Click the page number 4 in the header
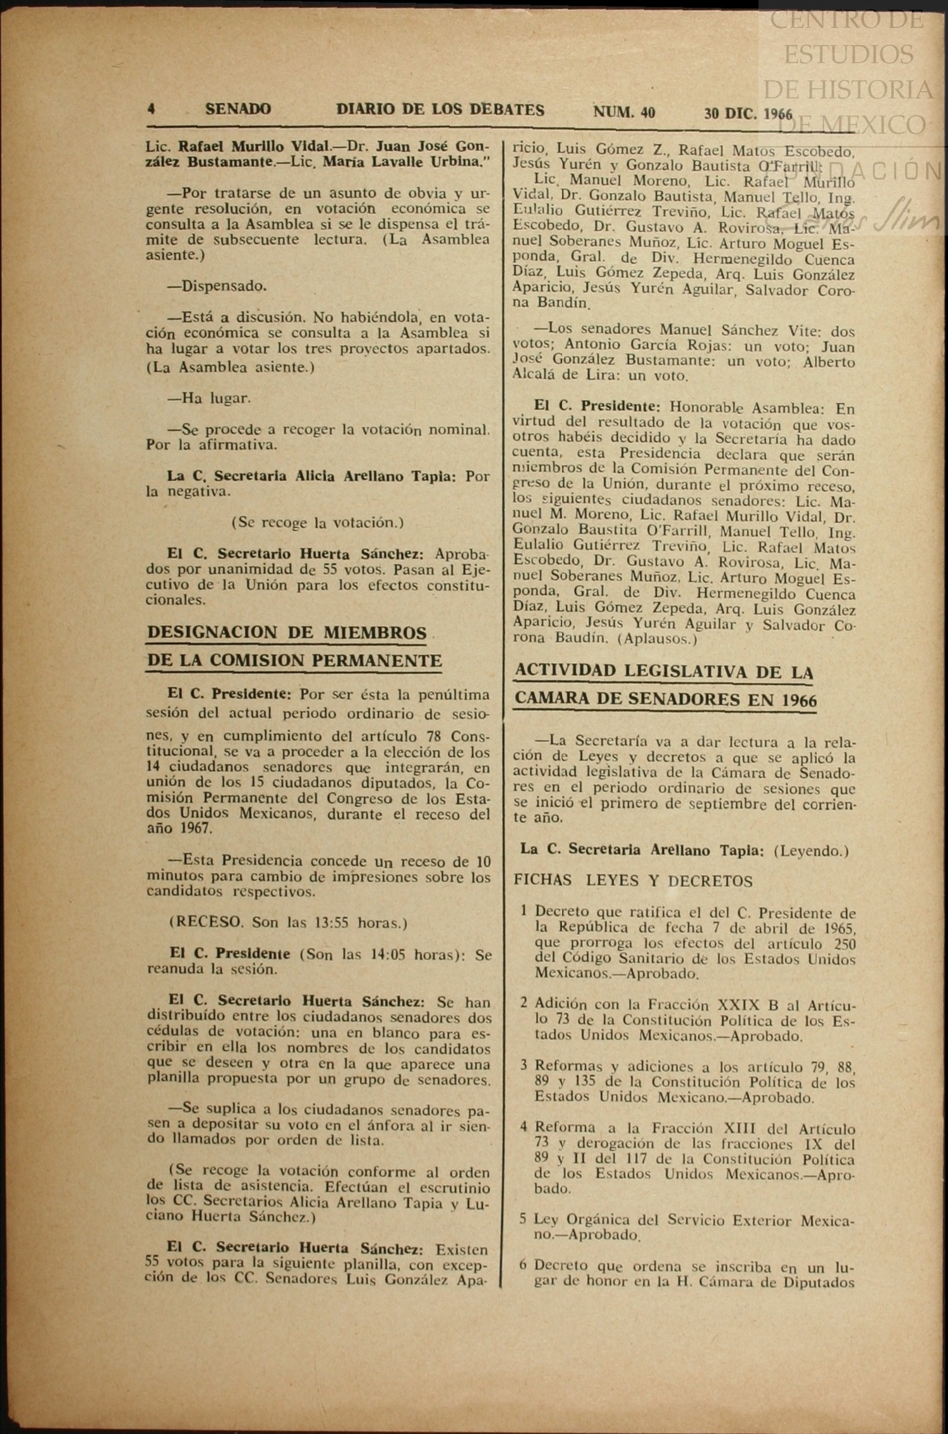(151, 109)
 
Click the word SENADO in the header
(237, 109)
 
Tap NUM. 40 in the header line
(623, 112)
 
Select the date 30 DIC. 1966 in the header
(748, 114)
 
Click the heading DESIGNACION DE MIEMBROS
(287, 633)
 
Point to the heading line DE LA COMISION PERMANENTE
(294, 660)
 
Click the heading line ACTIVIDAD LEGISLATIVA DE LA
(664, 671)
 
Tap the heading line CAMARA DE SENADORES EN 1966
(665, 700)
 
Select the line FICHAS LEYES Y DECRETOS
(633, 881)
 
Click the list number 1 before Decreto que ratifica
(524, 911)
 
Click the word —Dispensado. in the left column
(217, 286)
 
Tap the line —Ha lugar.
(208, 398)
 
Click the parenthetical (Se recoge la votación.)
(318, 522)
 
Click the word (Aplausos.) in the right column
(657, 638)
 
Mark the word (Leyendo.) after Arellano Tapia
(815, 851)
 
